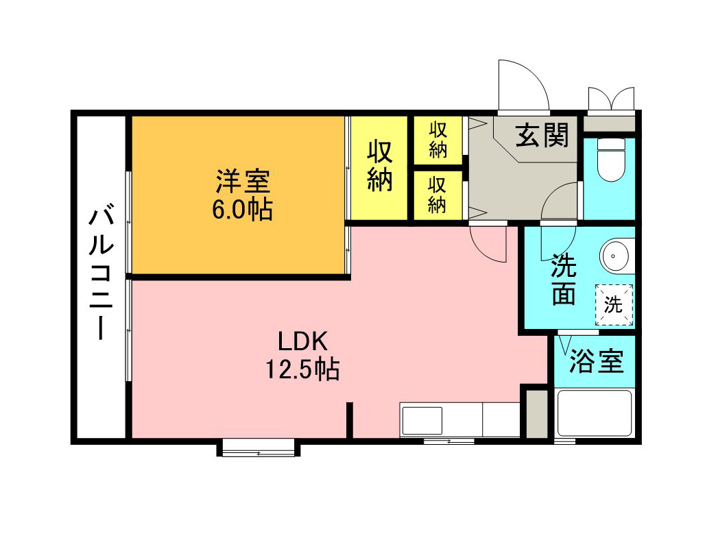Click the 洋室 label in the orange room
pos(243,181)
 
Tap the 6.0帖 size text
pos(242,210)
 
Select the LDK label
pos(302,341)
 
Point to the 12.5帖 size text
pos(302,369)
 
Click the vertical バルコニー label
pos(101,273)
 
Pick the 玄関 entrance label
pos(542,135)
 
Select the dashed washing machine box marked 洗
pos(614,305)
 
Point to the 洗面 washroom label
pos(563,280)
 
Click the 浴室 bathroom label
pos(596,361)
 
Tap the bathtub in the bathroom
pos(595,413)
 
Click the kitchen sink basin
pos(422,420)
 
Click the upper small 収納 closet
pos(438,140)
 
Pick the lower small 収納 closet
pos(438,196)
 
